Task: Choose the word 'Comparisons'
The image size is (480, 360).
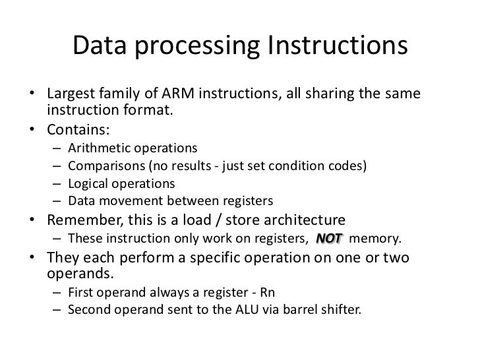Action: point(103,164)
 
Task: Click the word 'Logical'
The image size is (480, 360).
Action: point(88,183)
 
